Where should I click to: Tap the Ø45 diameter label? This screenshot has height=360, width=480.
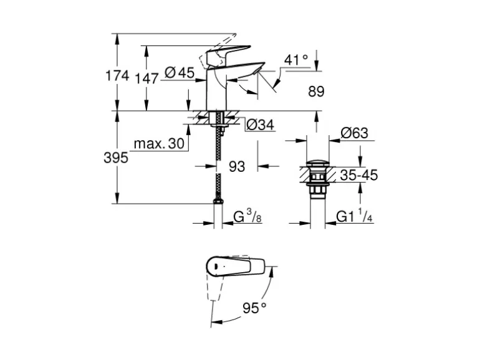180,73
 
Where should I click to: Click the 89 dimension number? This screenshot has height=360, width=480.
316,92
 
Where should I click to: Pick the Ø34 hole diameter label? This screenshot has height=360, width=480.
260,125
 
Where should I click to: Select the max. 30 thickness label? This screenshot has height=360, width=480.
159,144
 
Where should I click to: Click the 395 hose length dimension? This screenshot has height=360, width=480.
115,158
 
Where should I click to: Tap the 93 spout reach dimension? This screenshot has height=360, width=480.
237,166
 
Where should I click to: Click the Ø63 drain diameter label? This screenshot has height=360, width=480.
354,133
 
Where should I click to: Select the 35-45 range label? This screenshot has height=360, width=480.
358,175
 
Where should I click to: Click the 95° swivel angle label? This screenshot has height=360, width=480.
254,307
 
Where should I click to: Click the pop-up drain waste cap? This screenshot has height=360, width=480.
317,166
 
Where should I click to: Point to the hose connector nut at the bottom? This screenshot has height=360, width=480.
217,201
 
